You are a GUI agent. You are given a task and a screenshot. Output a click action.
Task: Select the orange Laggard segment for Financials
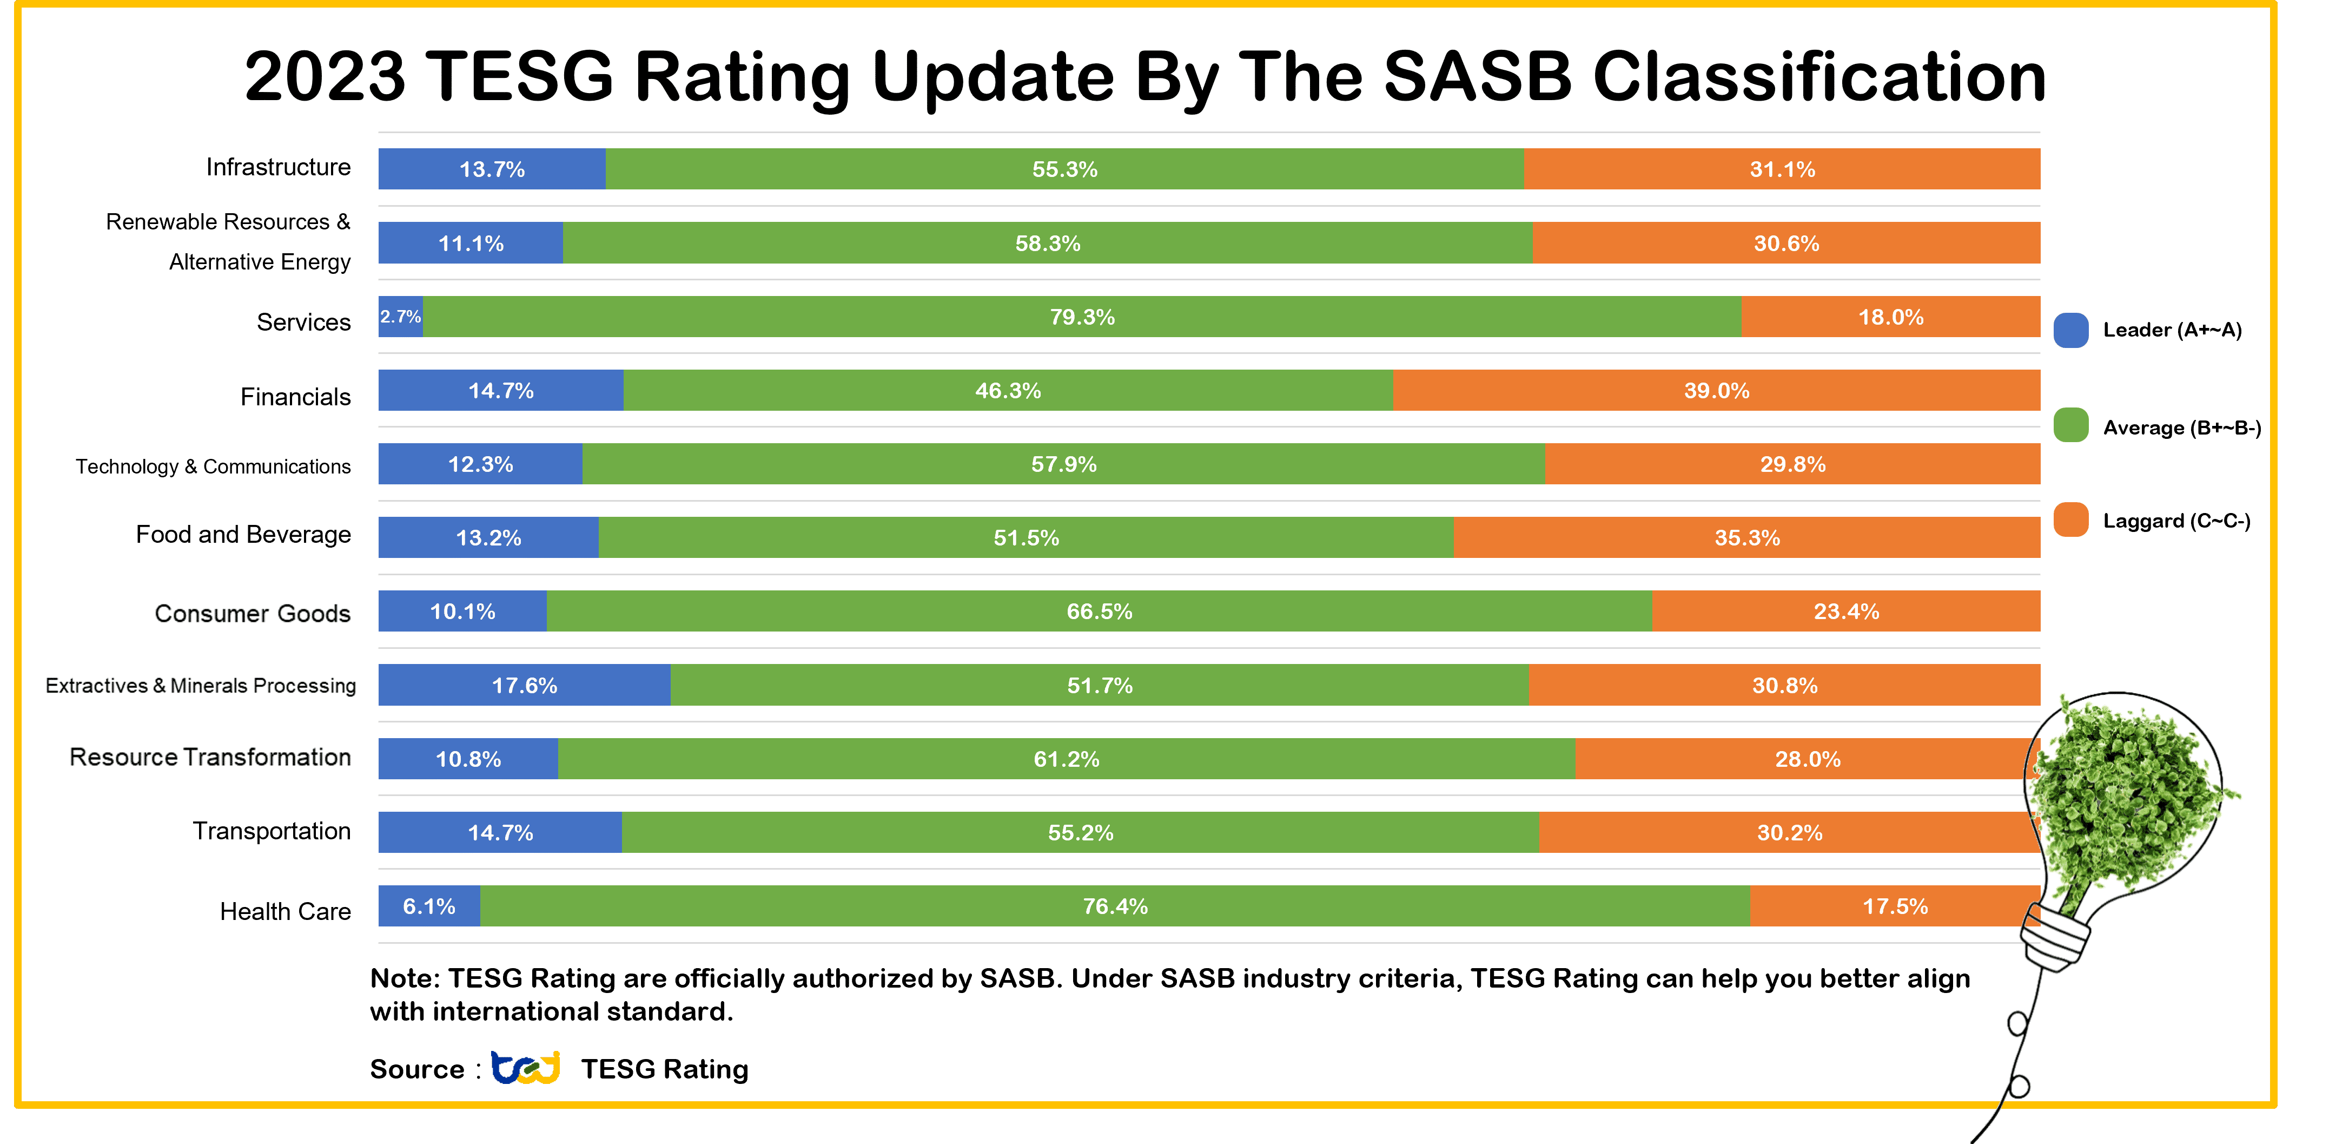[x=1716, y=391]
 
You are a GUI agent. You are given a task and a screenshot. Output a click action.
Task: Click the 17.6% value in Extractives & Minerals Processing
[x=525, y=686]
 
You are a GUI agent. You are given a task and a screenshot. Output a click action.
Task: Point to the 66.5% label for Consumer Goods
[x=1100, y=612]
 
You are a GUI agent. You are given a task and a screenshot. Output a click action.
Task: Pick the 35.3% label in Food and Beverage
[x=1747, y=538]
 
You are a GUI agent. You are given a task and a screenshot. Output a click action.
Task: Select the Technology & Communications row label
[x=213, y=466]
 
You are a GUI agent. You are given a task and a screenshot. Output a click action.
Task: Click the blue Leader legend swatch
[x=2070, y=330]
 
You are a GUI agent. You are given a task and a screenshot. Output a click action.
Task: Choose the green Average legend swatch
[x=2070, y=425]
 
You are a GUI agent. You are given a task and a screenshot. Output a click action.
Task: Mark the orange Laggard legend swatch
[x=2070, y=520]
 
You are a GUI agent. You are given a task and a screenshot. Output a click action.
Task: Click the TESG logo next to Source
[x=525, y=1068]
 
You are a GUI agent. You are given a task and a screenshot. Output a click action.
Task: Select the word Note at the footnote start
[x=404, y=978]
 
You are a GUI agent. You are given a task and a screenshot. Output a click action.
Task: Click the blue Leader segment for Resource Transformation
[x=467, y=759]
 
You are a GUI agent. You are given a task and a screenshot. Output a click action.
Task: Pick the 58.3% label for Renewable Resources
[x=1047, y=244]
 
